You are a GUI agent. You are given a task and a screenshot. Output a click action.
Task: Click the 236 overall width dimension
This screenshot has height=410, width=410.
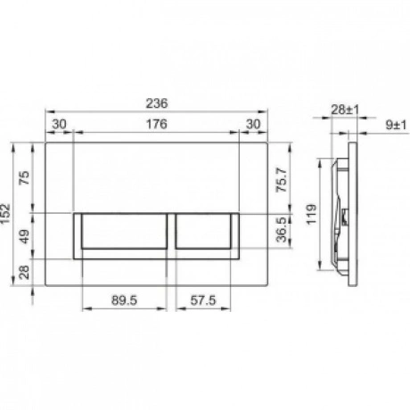[157, 103]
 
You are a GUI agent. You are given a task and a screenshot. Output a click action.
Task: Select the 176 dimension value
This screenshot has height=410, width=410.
[157, 124]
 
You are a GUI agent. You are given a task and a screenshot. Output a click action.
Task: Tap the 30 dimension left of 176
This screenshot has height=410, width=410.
[59, 124]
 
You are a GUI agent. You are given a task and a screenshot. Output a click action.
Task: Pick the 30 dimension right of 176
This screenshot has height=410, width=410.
[253, 124]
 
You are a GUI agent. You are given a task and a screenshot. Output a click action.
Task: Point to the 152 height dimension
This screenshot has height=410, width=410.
[5, 214]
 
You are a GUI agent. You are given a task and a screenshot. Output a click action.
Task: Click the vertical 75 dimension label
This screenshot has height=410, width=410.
[25, 177]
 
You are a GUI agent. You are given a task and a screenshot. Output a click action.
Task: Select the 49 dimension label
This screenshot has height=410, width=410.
[25, 236]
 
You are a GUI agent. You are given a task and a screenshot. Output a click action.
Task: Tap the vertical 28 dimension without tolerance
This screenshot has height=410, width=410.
[25, 272]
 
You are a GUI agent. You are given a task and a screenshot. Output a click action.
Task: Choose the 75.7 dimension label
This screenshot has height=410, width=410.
[282, 180]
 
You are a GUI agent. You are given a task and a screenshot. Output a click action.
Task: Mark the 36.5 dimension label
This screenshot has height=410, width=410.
[282, 229]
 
